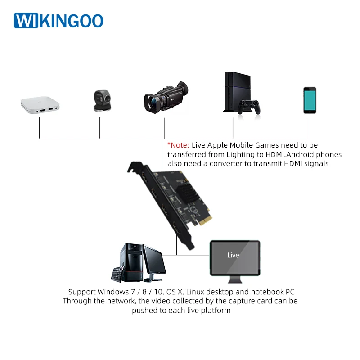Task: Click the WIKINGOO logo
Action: point(58,20)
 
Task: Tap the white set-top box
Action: point(40,105)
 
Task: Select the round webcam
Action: point(103,100)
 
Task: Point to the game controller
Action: point(249,107)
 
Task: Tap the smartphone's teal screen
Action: point(310,100)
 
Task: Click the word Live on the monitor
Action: point(233,255)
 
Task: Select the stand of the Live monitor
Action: point(235,279)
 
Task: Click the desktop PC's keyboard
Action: point(118,274)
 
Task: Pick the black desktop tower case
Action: point(132,262)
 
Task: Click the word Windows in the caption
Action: point(113,292)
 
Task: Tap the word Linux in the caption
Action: point(195,292)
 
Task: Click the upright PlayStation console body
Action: point(237,92)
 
